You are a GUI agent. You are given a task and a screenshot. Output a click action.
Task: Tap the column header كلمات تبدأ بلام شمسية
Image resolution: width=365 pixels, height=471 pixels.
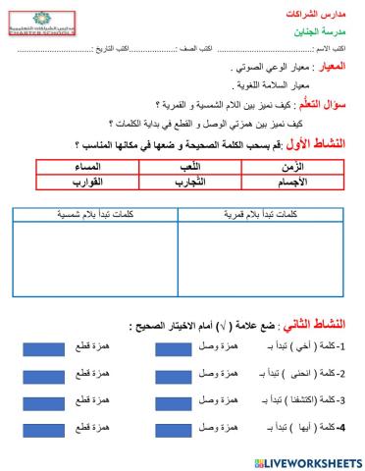click(x=97, y=212)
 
